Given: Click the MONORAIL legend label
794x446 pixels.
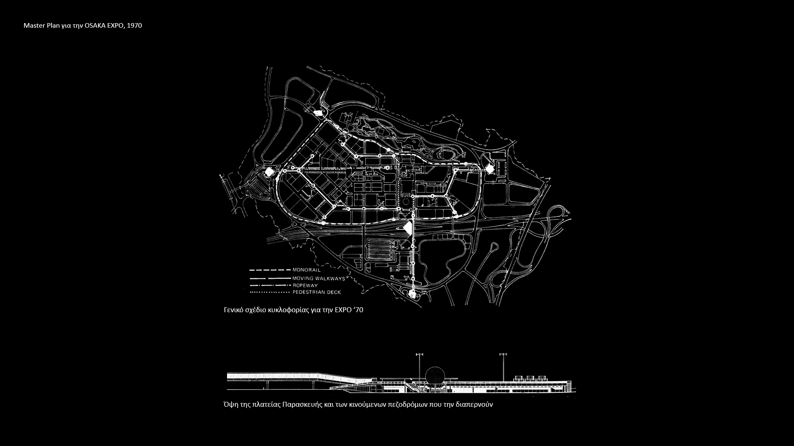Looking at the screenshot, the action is [x=306, y=270].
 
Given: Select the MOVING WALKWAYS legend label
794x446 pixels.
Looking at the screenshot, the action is [x=318, y=278].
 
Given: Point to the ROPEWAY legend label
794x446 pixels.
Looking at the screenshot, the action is [x=305, y=285].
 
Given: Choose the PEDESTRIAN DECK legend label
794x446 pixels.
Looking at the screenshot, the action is [x=317, y=292].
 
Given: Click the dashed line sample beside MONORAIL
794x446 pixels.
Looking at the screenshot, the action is [x=270, y=270].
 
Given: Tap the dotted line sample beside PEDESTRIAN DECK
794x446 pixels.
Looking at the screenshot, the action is [x=270, y=292].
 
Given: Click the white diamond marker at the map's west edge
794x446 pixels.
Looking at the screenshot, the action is [x=269, y=172].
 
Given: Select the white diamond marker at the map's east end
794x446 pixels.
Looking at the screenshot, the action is [x=490, y=168].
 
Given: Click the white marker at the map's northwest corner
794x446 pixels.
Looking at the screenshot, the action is [x=318, y=113].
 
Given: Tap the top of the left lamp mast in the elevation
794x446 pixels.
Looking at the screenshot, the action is [x=420, y=354].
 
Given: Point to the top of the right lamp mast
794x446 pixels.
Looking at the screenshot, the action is [x=503, y=354].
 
